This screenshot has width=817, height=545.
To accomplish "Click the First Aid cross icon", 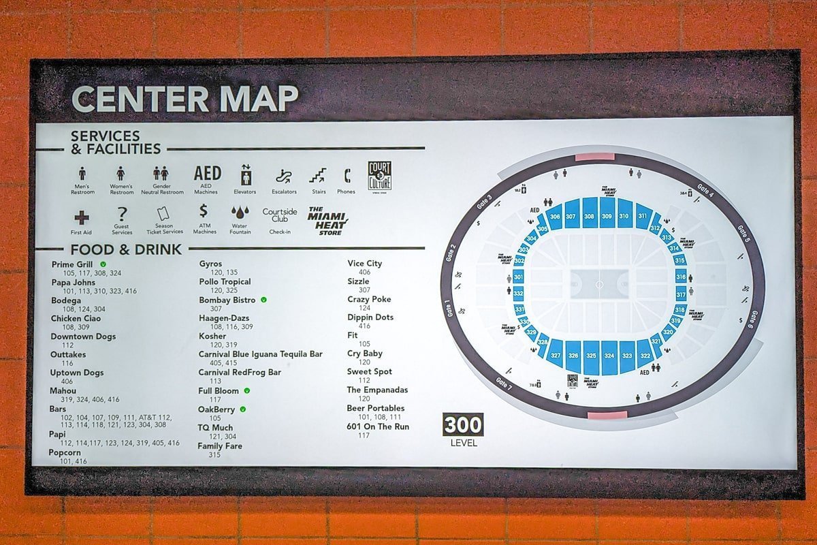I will [x=81, y=217].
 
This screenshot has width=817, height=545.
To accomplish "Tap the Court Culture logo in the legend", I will [x=379, y=175].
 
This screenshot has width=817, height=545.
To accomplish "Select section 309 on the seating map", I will [x=607, y=216].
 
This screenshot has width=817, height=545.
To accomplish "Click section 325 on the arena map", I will [x=590, y=356].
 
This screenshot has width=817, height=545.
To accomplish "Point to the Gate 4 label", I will [x=705, y=190].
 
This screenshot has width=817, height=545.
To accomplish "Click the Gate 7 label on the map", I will [x=504, y=382].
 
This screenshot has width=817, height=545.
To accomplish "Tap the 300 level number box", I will [x=463, y=424].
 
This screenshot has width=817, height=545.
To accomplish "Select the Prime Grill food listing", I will [x=72, y=264].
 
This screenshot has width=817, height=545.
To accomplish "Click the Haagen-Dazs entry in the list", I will [x=224, y=318].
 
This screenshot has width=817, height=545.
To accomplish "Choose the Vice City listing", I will [x=364, y=263].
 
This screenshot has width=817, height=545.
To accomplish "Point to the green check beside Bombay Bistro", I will [x=263, y=300].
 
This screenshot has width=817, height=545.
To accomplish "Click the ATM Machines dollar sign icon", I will [x=204, y=212].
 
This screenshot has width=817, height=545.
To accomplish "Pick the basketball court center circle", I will [x=599, y=283].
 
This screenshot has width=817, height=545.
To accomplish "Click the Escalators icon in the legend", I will [x=284, y=177].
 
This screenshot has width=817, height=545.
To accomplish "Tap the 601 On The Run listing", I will [x=378, y=426].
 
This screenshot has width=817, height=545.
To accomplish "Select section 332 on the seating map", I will [x=518, y=294].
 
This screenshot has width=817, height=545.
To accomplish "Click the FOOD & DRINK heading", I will [x=125, y=249].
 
